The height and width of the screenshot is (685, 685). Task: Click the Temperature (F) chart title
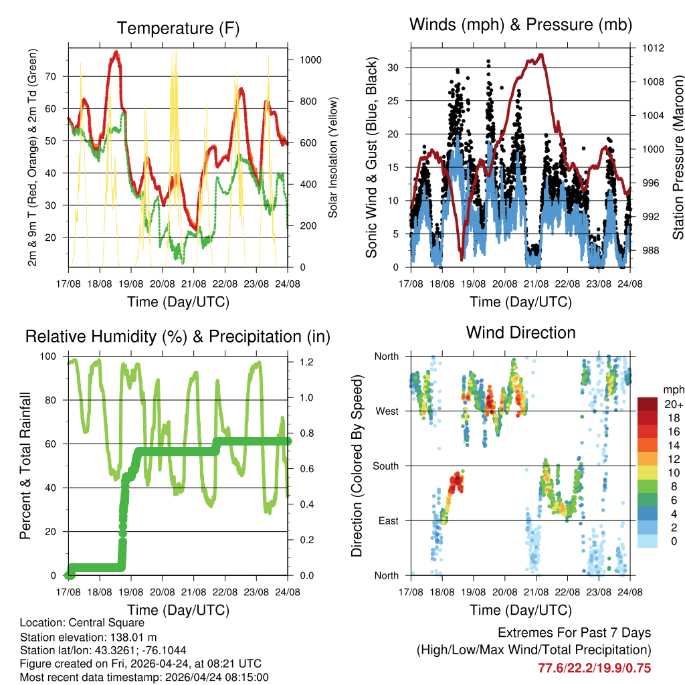tap(178, 29)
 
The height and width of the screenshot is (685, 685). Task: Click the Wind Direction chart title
tap(520, 332)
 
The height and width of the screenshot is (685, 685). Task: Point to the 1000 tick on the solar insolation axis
tap(311, 60)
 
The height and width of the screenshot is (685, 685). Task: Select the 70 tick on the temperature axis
tap(56, 76)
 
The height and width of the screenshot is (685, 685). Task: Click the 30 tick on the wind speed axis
tap(397, 68)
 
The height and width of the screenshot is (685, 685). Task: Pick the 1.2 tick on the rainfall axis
tap(306, 362)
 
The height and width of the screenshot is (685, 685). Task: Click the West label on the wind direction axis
tap(386, 411)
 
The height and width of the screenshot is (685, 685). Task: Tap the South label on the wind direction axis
tap(385, 466)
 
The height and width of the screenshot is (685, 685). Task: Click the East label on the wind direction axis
tap(387, 520)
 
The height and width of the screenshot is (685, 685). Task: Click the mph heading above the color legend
tap(673, 389)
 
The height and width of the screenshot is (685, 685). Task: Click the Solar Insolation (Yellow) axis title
tap(332, 157)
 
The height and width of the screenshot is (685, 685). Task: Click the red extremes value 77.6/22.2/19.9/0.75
tap(595, 668)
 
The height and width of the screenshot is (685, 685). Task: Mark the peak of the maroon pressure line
tap(540, 55)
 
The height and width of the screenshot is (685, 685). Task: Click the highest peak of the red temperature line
tap(116, 52)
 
